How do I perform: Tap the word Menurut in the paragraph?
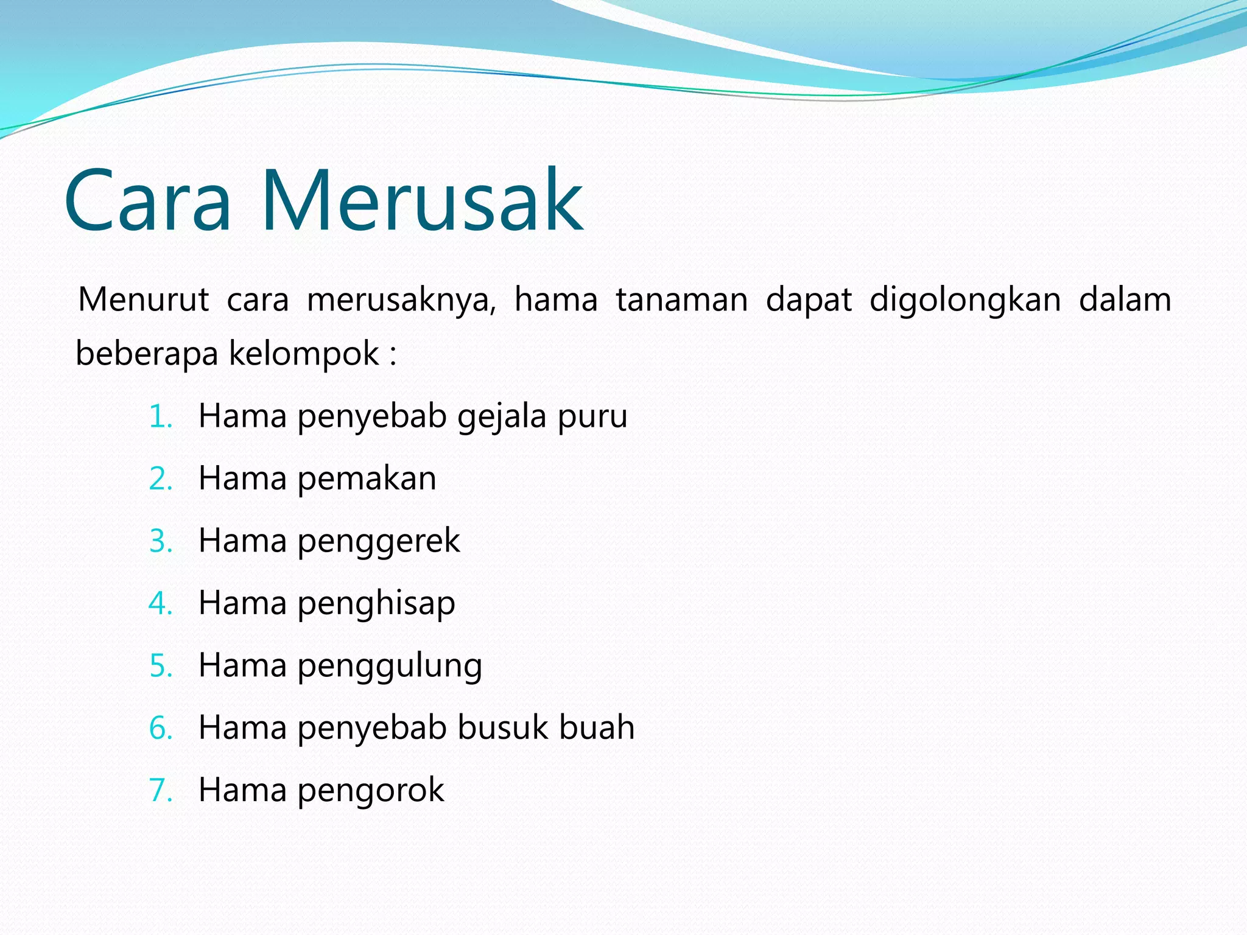(144, 300)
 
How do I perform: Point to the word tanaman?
(681, 300)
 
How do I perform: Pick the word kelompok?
(303, 354)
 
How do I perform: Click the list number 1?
(160, 418)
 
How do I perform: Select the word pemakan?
(367, 479)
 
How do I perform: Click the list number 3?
(160, 542)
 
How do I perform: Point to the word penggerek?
(378, 542)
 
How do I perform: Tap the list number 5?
(160, 666)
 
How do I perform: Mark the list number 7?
(160, 791)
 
